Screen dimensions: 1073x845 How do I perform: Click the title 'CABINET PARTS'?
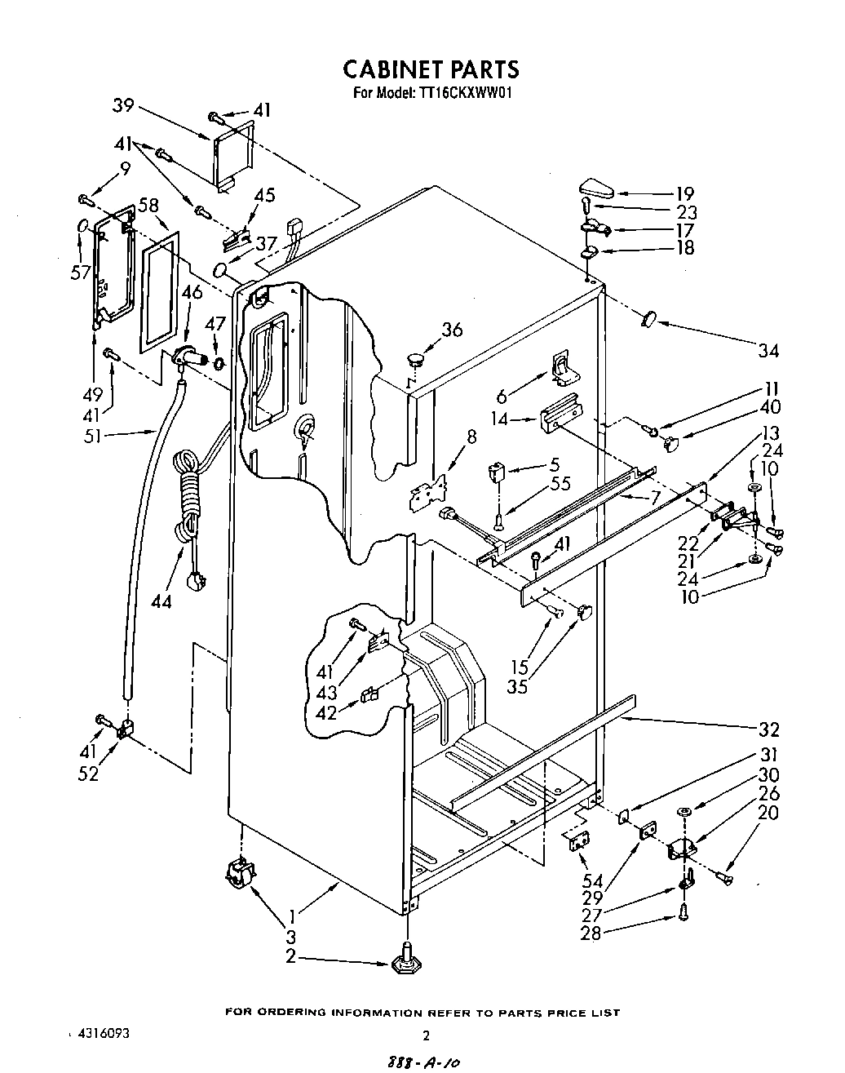430,69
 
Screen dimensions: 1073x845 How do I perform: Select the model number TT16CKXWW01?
467,93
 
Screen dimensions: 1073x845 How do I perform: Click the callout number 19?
685,193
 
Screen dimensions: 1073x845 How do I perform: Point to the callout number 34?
768,351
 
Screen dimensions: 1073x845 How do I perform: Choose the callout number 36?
452,330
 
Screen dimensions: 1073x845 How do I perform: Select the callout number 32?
768,729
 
